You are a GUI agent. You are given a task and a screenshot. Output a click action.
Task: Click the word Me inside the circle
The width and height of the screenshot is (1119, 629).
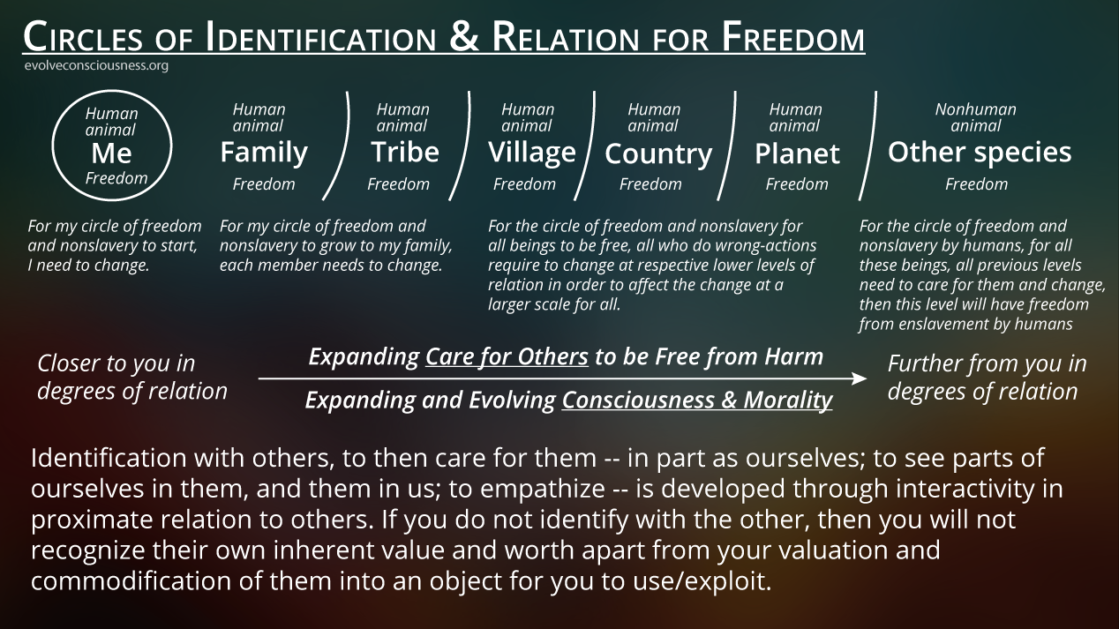(x=111, y=153)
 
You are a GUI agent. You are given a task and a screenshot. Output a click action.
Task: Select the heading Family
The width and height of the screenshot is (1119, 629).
(x=264, y=153)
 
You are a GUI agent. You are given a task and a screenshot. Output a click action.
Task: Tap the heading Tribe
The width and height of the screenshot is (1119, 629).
(x=405, y=152)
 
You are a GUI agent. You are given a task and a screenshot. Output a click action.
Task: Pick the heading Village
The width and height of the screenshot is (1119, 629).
(x=532, y=153)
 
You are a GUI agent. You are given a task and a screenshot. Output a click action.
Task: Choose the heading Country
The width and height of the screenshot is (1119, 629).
(x=658, y=154)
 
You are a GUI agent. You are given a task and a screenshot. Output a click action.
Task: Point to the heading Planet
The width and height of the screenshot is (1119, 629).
(x=797, y=154)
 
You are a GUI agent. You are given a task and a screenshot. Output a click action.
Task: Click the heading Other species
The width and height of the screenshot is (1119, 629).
(x=980, y=153)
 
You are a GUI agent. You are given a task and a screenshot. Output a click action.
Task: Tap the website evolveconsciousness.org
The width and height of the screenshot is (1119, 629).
(x=96, y=65)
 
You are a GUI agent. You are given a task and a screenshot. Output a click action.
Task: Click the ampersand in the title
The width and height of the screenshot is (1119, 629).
(x=464, y=36)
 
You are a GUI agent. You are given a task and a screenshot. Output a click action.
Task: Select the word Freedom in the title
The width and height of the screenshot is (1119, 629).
(x=793, y=37)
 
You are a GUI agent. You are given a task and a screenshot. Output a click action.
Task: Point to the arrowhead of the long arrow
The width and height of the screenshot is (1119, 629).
(x=860, y=378)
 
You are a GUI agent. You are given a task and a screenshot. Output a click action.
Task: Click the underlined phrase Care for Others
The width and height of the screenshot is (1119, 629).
(x=507, y=357)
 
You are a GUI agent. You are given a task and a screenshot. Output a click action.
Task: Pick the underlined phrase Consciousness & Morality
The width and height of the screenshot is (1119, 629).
(x=697, y=401)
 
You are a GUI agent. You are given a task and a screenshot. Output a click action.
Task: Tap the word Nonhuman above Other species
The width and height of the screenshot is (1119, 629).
(x=976, y=109)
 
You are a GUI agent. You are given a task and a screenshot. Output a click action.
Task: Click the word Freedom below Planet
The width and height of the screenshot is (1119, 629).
(x=797, y=184)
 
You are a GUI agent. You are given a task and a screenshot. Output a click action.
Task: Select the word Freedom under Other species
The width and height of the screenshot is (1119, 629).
(x=976, y=184)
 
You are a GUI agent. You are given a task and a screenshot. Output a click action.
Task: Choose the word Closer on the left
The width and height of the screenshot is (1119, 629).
(x=66, y=363)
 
